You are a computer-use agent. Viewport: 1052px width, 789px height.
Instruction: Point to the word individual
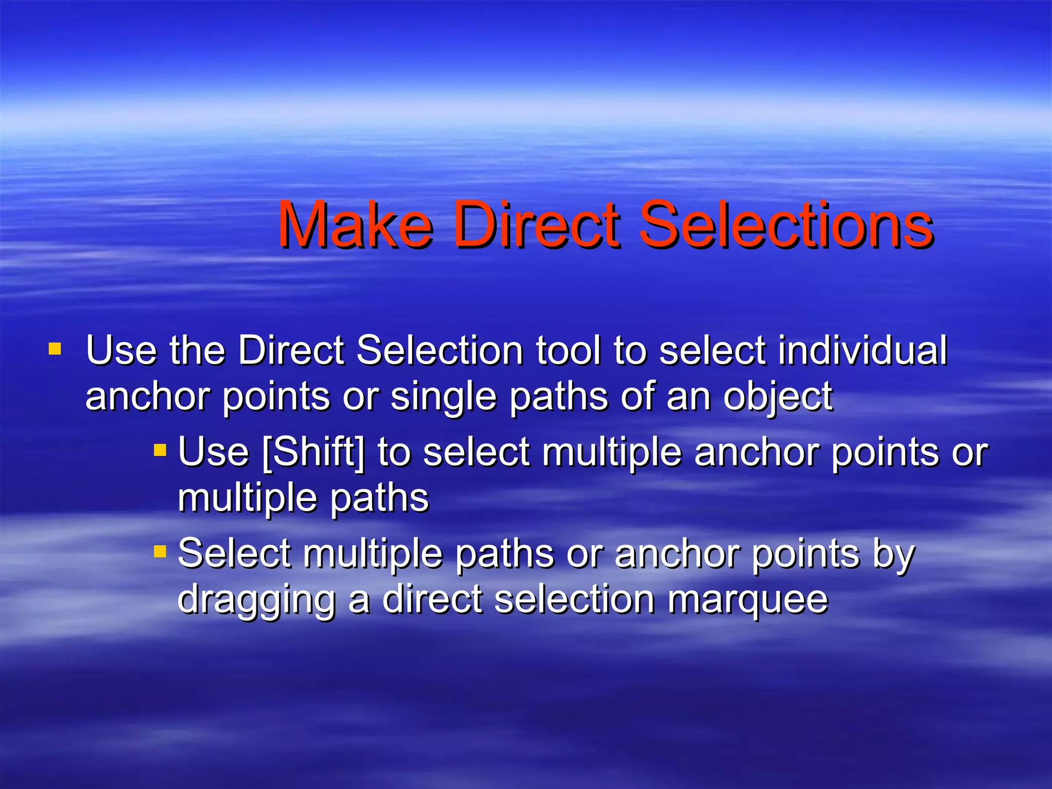862,350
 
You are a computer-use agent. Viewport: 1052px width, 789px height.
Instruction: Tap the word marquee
748,599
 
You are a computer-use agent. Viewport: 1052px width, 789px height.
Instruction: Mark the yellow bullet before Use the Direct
54,350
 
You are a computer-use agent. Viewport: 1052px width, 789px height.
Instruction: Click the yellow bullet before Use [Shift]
160,451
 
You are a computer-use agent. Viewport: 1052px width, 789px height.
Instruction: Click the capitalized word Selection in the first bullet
440,350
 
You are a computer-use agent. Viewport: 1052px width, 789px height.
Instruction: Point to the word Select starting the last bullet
234,554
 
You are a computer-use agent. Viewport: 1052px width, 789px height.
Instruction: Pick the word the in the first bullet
198,350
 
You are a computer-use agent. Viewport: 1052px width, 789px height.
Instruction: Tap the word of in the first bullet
637,397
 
